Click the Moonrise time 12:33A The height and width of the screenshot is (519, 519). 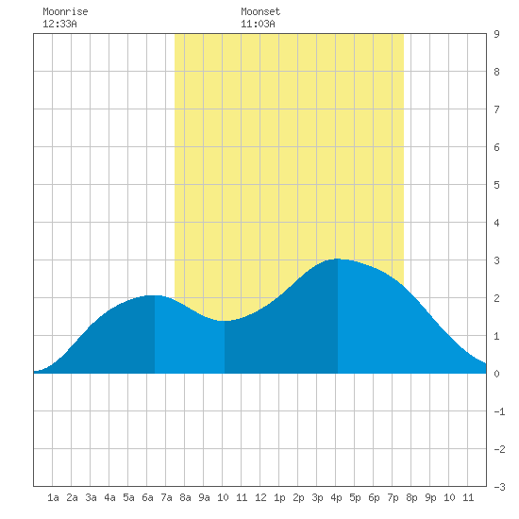click(x=59, y=24)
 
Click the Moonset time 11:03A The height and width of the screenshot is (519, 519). click(x=258, y=24)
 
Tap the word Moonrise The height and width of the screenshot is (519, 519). click(x=65, y=11)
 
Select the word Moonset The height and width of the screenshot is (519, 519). click(x=260, y=11)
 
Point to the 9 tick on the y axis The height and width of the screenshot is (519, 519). click(x=496, y=34)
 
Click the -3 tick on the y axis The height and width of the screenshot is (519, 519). click(x=499, y=487)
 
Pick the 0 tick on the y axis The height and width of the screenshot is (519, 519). click(x=496, y=374)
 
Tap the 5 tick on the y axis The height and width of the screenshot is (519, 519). click(x=496, y=185)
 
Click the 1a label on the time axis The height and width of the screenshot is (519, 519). click(x=53, y=497)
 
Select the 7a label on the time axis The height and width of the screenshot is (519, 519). click(x=166, y=497)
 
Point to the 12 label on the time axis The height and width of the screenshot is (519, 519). click(x=260, y=497)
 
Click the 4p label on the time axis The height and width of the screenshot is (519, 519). click(x=336, y=497)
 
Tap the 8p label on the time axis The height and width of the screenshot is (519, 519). click(x=411, y=497)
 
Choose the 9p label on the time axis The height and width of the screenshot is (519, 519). click(x=430, y=497)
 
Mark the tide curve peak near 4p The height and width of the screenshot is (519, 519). click(x=337, y=259)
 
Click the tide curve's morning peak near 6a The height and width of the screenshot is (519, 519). click(x=154, y=295)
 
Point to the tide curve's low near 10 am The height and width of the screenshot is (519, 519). click(x=224, y=321)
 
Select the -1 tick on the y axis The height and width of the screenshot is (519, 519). click(x=499, y=411)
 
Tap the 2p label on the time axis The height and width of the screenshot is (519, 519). click(x=298, y=497)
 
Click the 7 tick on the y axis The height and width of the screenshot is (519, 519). click(x=496, y=109)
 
